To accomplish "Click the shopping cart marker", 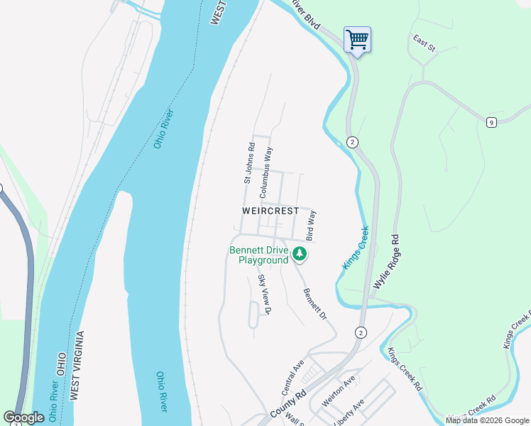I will [x=357, y=39].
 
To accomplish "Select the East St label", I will [x=425, y=43].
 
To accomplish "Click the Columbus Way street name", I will [x=265, y=173].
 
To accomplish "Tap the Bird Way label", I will [x=310, y=224].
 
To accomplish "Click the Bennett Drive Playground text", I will [x=259, y=255].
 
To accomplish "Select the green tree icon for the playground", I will [x=300, y=253].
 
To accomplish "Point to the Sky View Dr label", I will [x=265, y=295].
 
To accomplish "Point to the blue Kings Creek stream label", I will [x=356, y=247].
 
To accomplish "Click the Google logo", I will [x=23, y=417].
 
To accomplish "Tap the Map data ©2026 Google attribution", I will [x=488, y=420].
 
